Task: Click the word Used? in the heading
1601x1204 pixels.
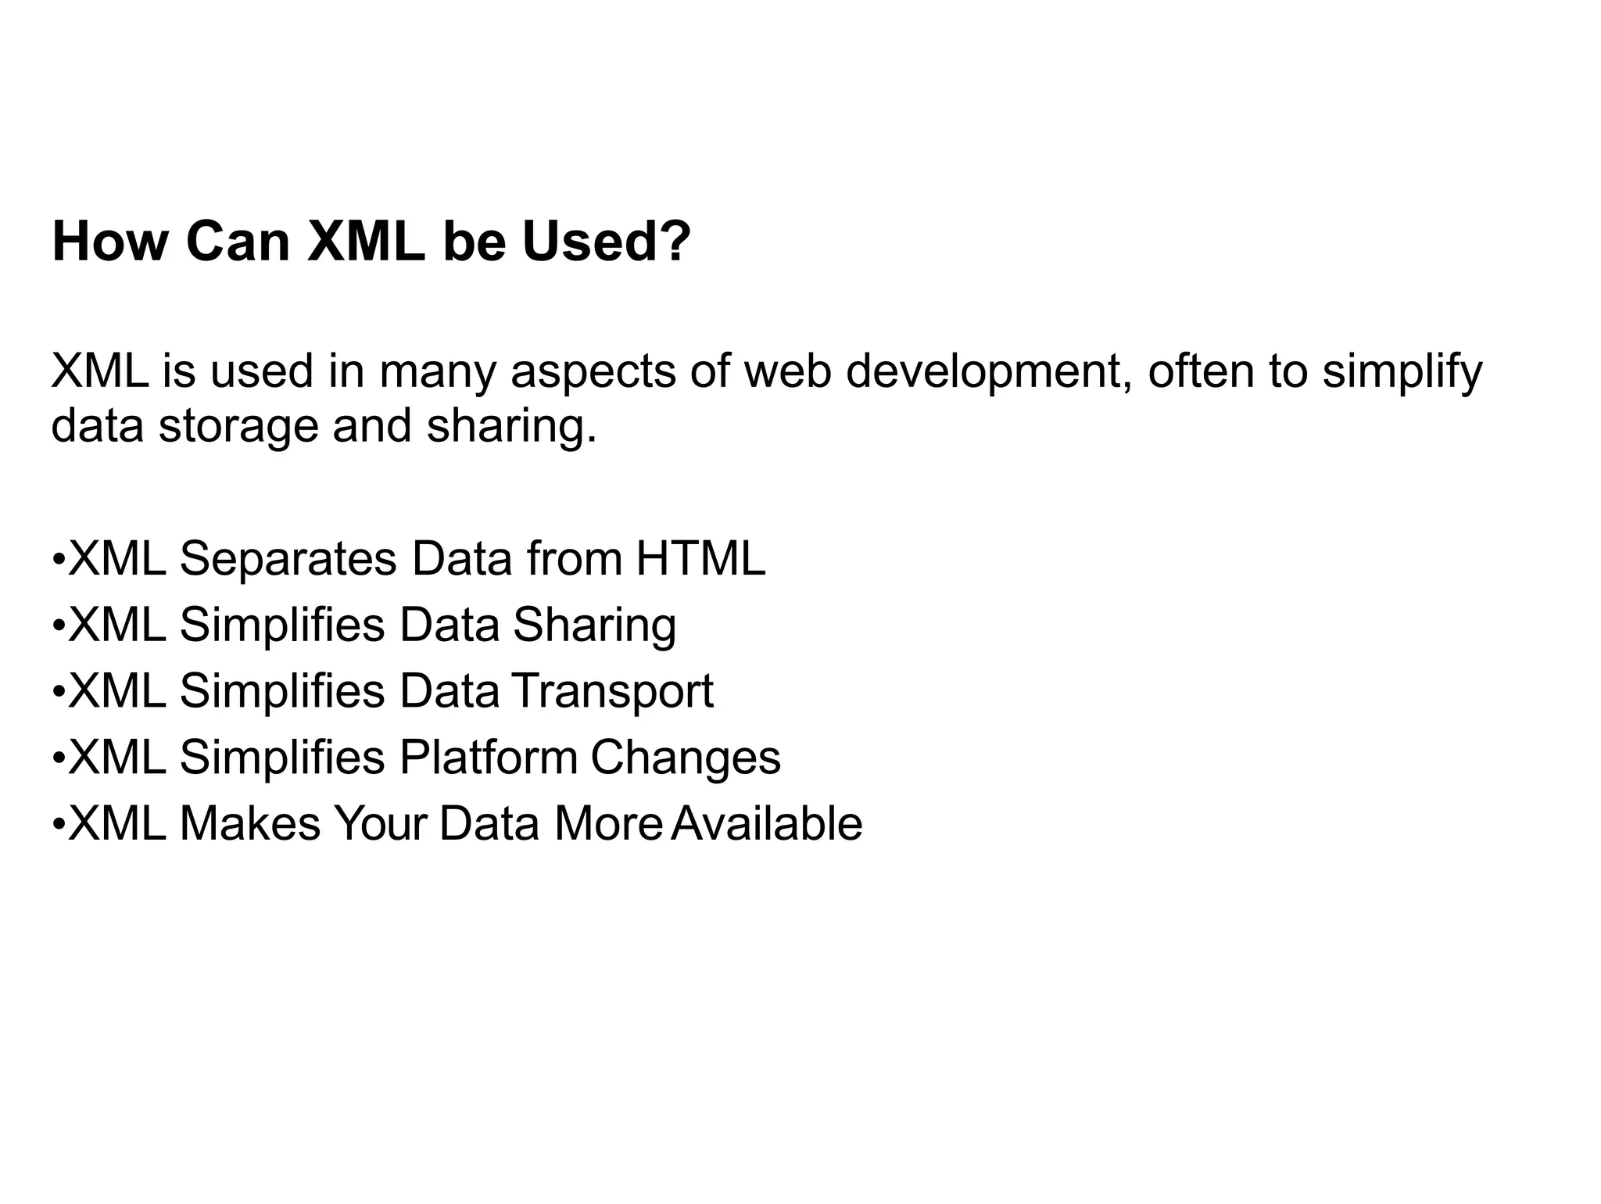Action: coord(606,242)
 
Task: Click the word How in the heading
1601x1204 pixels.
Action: coord(109,242)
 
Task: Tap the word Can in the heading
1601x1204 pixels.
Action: coord(238,242)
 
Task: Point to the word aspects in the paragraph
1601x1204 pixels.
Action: coord(593,372)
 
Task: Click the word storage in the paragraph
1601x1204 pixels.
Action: coord(238,426)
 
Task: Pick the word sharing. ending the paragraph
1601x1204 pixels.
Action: coord(511,426)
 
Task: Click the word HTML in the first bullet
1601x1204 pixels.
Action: coord(700,559)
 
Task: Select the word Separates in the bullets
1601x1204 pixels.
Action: coord(288,559)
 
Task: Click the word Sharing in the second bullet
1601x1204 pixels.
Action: coord(594,625)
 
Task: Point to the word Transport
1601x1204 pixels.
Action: coord(613,691)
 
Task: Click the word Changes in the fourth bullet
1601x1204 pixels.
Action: coord(686,758)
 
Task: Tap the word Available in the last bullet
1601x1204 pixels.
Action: coord(767,824)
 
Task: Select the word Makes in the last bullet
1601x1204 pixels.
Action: coord(250,824)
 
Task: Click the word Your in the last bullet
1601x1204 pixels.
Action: coord(380,824)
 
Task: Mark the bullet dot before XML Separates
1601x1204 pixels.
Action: coord(58,561)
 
